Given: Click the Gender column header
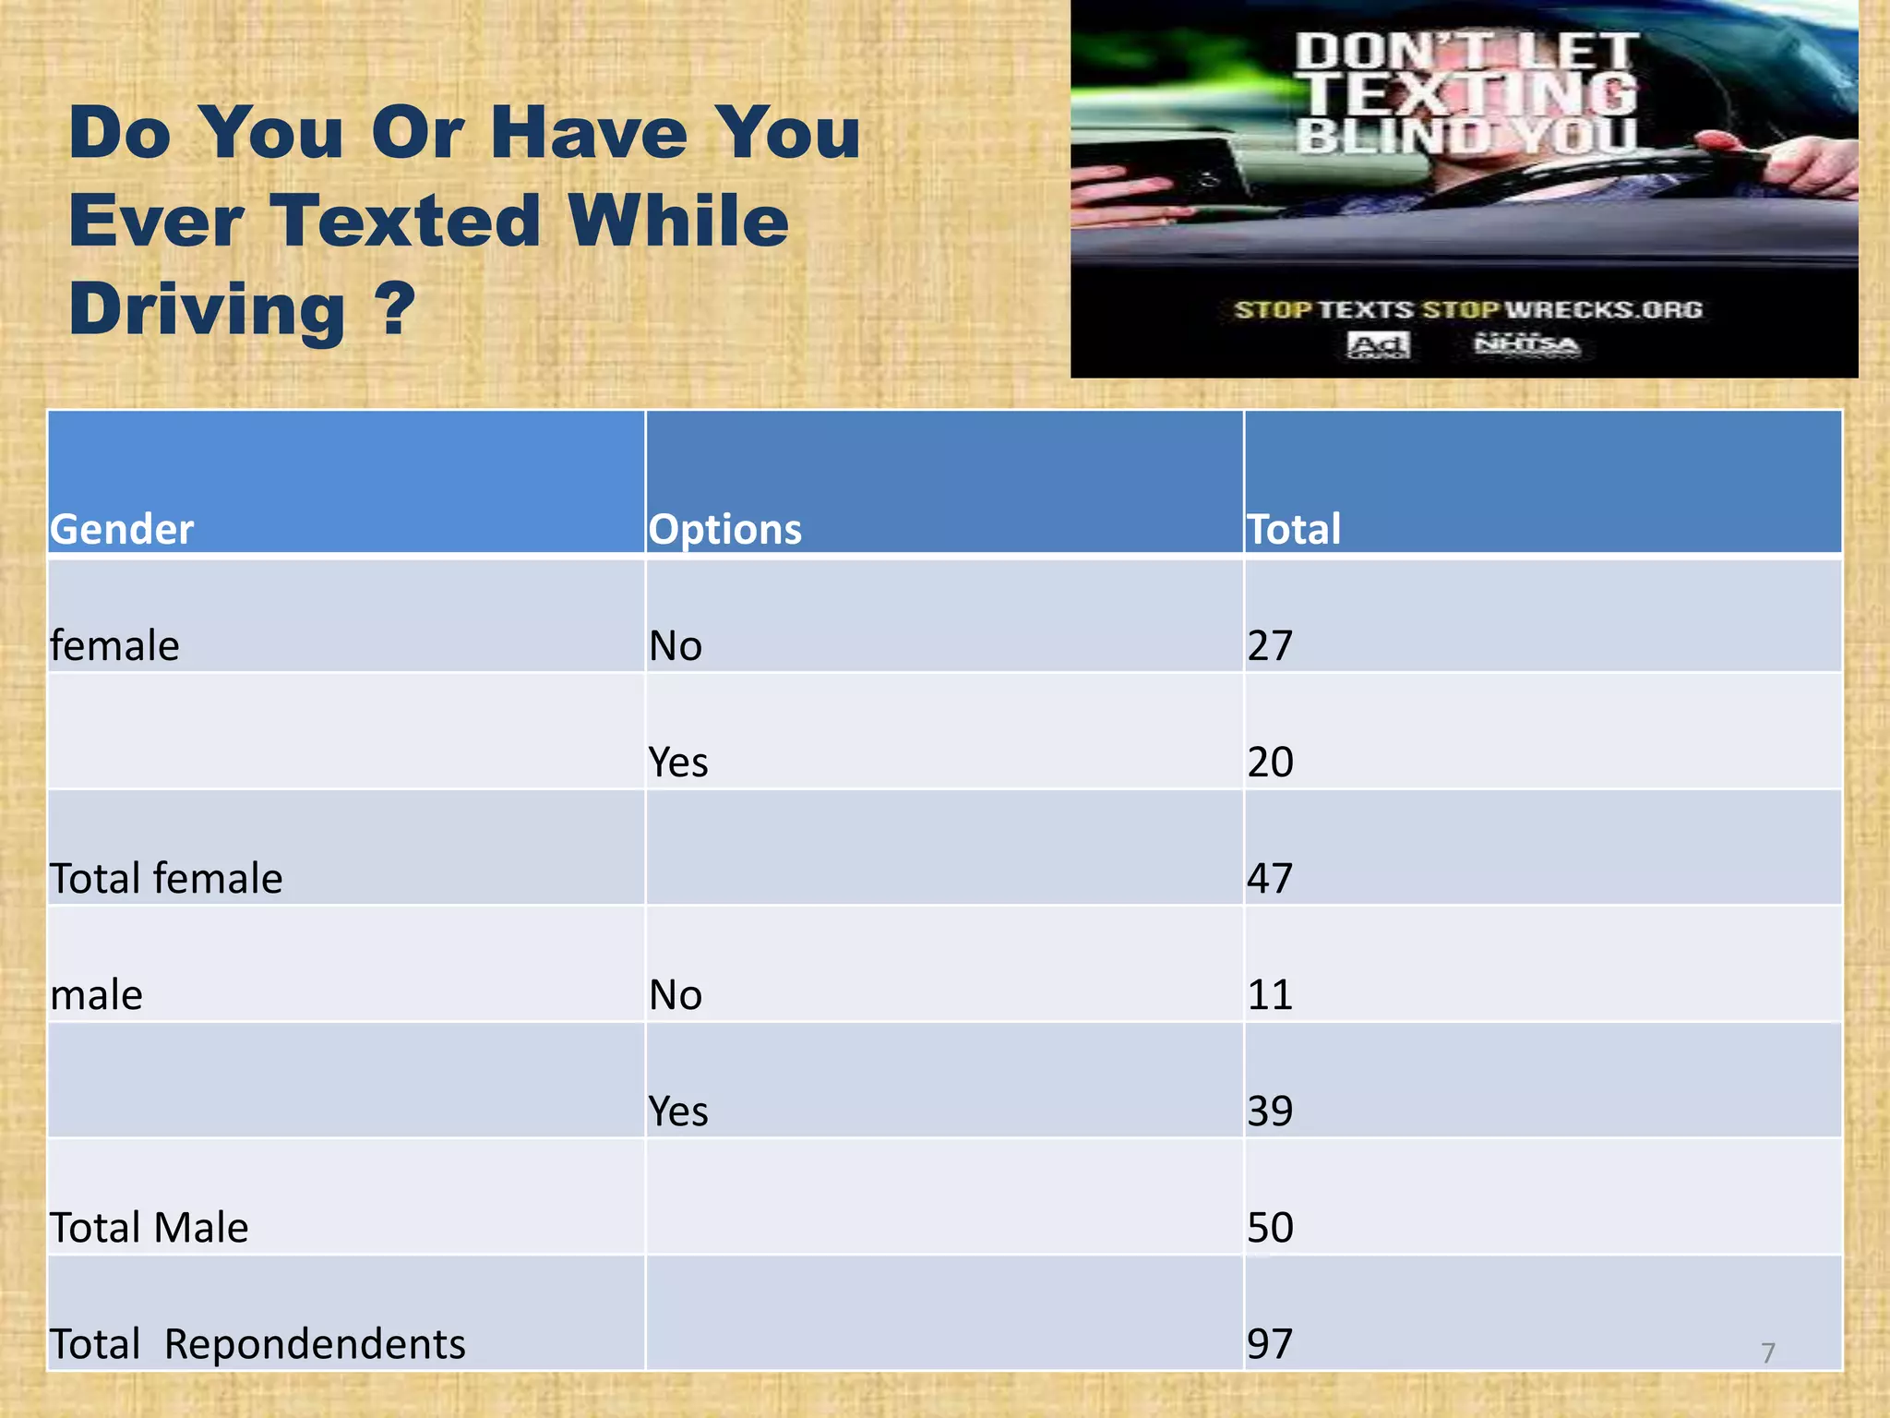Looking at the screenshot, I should [122, 529].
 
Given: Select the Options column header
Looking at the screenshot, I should [724, 529].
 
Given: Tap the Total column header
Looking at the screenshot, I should [1293, 529].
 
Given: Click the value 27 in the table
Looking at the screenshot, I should [1270, 645].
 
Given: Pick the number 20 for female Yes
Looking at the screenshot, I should [1270, 762].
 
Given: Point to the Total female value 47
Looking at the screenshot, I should [1270, 878].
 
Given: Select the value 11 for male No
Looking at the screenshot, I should [1270, 994].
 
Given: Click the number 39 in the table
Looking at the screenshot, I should [1270, 1111].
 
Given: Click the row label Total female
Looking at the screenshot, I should [166, 878].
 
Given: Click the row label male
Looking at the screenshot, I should [97, 995].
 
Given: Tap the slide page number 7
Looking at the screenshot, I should [1767, 1353].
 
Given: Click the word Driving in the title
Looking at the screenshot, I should [207, 308].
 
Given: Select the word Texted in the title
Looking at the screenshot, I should [405, 221].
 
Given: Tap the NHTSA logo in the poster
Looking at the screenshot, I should [1526, 344].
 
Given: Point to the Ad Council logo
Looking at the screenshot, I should [1378, 345].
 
